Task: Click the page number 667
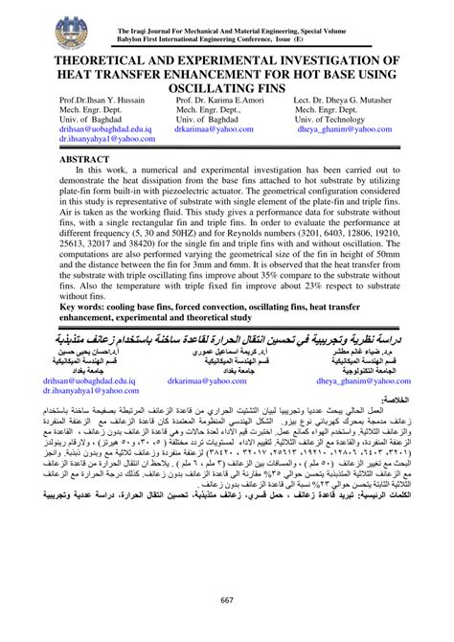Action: click(227, 600)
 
